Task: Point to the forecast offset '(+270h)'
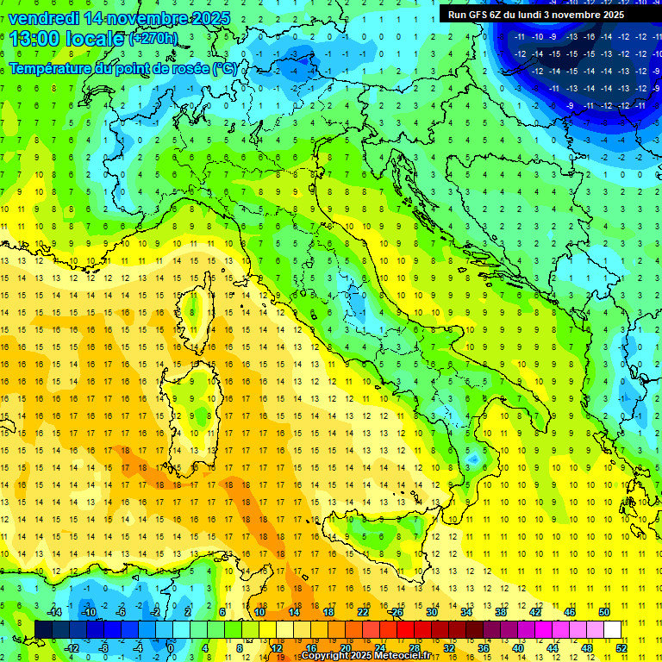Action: coord(153,39)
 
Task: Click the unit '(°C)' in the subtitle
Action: coord(225,67)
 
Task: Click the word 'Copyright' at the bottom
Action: coord(325,656)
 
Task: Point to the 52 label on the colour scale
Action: coord(622,648)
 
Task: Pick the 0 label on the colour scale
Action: coord(171,648)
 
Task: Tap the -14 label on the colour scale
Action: coord(55,612)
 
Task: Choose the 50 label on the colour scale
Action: coord(604,612)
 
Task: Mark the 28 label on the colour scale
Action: coord(415,648)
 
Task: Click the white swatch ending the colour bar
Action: coord(613,629)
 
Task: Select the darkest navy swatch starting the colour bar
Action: coord(43,629)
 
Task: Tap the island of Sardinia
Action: coord(199,405)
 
